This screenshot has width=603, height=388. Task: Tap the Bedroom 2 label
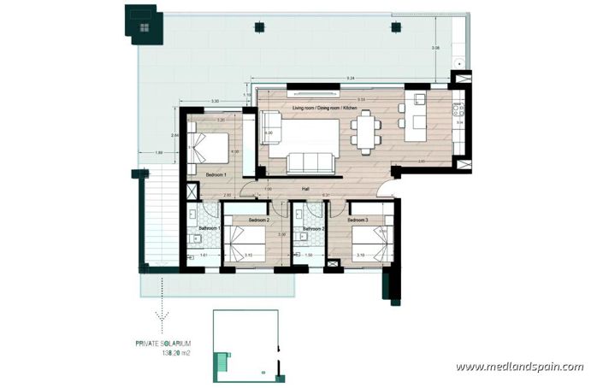[259, 220]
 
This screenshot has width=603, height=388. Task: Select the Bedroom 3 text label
[358, 220]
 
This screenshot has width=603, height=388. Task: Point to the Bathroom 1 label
[210, 228]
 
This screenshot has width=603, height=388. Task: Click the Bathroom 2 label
[310, 228]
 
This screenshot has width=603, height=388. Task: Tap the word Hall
[304, 191]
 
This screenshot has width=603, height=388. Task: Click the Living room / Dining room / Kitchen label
[329, 109]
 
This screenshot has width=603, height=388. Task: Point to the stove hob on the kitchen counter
[459, 109]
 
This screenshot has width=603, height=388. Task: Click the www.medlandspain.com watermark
[519, 367]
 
